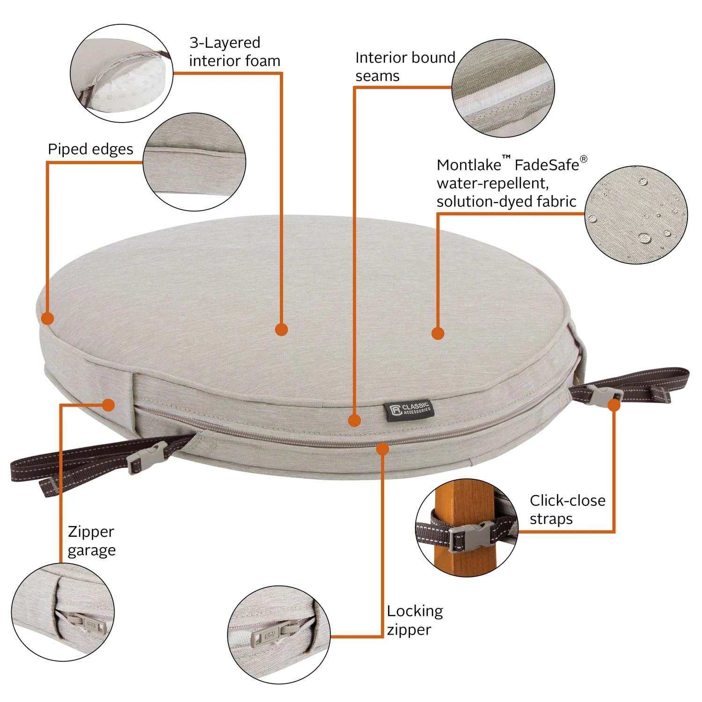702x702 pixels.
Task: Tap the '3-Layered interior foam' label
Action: click(x=234, y=51)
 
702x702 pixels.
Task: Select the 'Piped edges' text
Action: click(x=90, y=149)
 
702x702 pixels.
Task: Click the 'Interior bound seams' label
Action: click(x=405, y=66)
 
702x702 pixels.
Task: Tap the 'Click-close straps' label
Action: click(x=567, y=510)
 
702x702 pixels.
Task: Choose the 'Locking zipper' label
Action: click(x=415, y=620)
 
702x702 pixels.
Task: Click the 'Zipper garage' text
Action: click(x=91, y=541)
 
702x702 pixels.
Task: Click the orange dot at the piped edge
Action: click(x=47, y=319)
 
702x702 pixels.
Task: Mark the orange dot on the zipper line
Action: click(x=383, y=449)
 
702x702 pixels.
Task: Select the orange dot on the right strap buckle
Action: click(x=614, y=405)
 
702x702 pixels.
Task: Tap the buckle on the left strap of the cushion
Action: click(x=146, y=458)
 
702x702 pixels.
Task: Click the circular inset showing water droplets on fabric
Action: click(x=636, y=214)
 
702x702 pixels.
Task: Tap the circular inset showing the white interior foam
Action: click(x=122, y=73)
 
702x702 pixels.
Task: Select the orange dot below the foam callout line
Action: click(x=281, y=329)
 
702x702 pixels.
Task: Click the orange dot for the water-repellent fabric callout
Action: click(x=438, y=334)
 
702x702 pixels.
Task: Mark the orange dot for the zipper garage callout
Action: click(x=109, y=405)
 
